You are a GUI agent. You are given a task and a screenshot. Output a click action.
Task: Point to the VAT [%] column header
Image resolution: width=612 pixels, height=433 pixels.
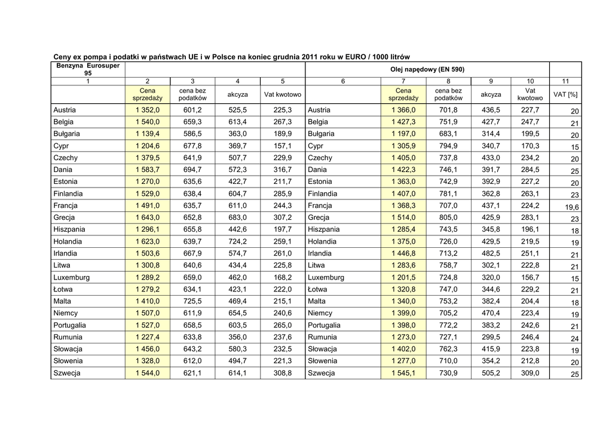coord(565,94)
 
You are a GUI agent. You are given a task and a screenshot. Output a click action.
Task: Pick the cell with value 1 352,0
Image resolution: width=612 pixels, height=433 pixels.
coord(147,110)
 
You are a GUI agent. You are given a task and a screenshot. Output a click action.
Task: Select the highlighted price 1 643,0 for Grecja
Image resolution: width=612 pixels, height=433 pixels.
coord(147,217)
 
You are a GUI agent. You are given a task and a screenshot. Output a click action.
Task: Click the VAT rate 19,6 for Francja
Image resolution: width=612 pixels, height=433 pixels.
coord(572,207)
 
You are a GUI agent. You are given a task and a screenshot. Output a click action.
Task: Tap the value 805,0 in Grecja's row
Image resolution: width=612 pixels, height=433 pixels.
coord(448,217)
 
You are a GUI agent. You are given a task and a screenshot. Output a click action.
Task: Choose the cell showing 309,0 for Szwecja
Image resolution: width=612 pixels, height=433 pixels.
coord(530,373)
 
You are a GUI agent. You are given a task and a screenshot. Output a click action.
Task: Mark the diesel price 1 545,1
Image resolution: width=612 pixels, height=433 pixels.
coord(403,373)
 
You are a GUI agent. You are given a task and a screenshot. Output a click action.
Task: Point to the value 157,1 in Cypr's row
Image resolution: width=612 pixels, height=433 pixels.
coord(282,146)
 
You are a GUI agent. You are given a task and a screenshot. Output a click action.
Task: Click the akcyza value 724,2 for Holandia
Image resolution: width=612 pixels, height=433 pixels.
coord(237,241)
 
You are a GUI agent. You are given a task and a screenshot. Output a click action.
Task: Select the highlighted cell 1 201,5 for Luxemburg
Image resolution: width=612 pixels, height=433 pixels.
coord(403,277)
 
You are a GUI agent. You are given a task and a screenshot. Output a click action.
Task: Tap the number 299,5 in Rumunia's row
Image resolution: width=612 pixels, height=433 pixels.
coord(491,337)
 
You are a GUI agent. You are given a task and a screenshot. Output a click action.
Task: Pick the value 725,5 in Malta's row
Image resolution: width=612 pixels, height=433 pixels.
coord(192,301)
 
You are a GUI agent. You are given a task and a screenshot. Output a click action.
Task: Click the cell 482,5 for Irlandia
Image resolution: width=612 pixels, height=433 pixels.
coord(491,253)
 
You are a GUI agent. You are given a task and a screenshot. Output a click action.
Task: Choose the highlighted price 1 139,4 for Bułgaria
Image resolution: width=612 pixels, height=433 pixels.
coord(147,134)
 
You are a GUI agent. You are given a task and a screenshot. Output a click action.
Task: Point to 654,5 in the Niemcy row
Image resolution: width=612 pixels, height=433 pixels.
coord(237,313)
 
